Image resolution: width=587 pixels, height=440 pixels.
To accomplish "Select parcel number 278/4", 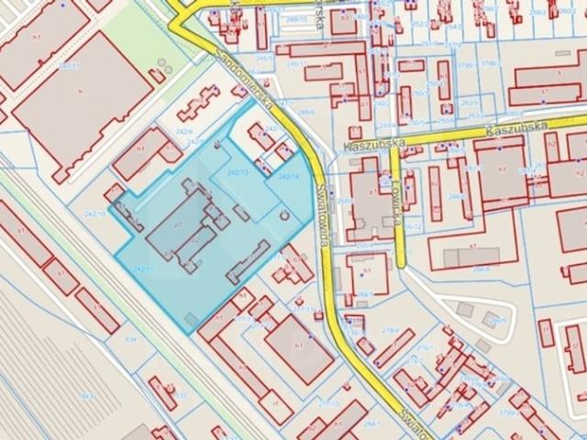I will click(x=390, y=329).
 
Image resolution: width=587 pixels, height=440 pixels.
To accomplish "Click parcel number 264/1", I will click(x=371, y=423).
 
